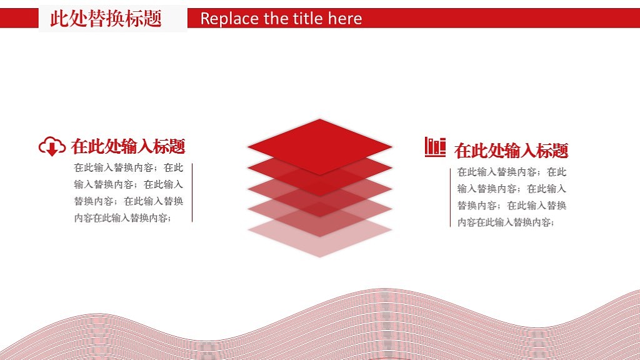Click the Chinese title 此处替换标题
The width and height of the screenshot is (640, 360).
[x=106, y=19]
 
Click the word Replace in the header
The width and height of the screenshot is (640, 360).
[x=229, y=19]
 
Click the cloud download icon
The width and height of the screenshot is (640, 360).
[x=52, y=146]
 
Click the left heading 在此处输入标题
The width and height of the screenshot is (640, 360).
[x=128, y=147]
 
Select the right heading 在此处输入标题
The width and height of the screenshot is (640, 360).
[x=511, y=151]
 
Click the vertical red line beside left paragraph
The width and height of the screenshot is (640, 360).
[x=192, y=192]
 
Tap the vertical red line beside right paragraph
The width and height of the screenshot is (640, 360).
[x=451, y=197]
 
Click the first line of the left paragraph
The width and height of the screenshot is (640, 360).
[x=129, y=167]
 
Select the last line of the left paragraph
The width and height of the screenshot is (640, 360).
[x=122, y=218]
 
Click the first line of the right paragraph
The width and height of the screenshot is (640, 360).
[x=512, y=172]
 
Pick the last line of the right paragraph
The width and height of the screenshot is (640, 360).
[x=506, y=222]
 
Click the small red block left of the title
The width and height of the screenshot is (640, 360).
[x=19, y=19]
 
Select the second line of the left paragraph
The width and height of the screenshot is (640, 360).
[x=129, y=184]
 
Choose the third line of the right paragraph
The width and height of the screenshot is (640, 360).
[x=512, y=206]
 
